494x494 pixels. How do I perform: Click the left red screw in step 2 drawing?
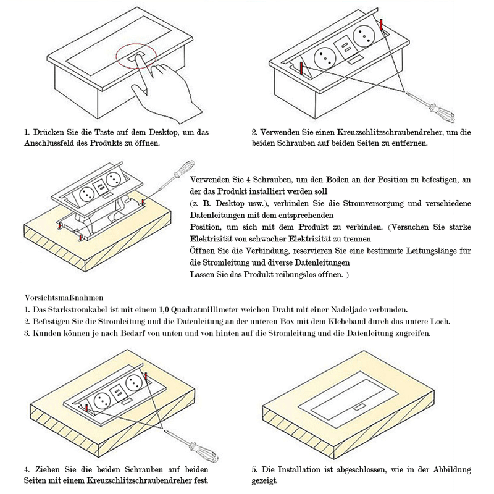click(301, 69)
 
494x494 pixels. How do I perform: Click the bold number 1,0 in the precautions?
click(165, 309)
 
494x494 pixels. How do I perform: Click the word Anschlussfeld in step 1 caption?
click(50, 143)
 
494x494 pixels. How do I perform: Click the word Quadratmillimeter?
click(207, 309)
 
